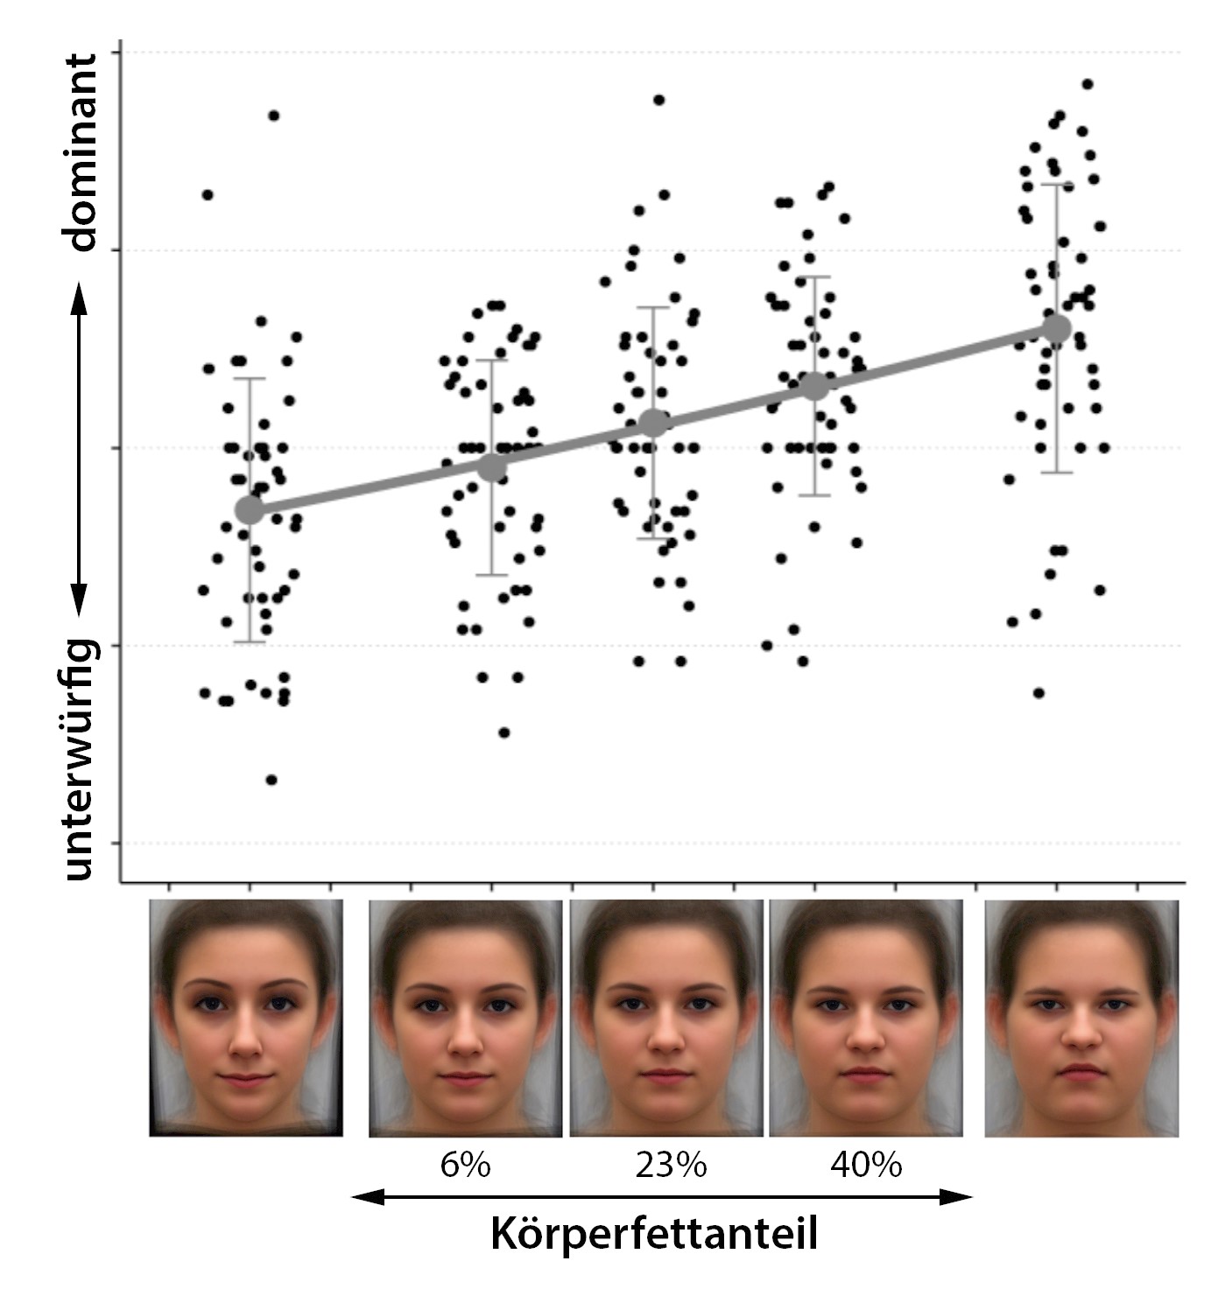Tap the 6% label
(465, 1166)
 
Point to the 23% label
(671, 1166)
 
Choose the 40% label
(866, 1166)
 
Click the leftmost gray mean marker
(250, 509)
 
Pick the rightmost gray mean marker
(1057, 329)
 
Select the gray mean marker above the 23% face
(653, 424)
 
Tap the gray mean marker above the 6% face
(492, 467)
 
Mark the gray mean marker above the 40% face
(815, 385)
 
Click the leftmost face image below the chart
(246, 1018)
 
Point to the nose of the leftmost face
(246, 1041)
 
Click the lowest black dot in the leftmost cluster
(271, 780)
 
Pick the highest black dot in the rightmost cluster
(1088, 84)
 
